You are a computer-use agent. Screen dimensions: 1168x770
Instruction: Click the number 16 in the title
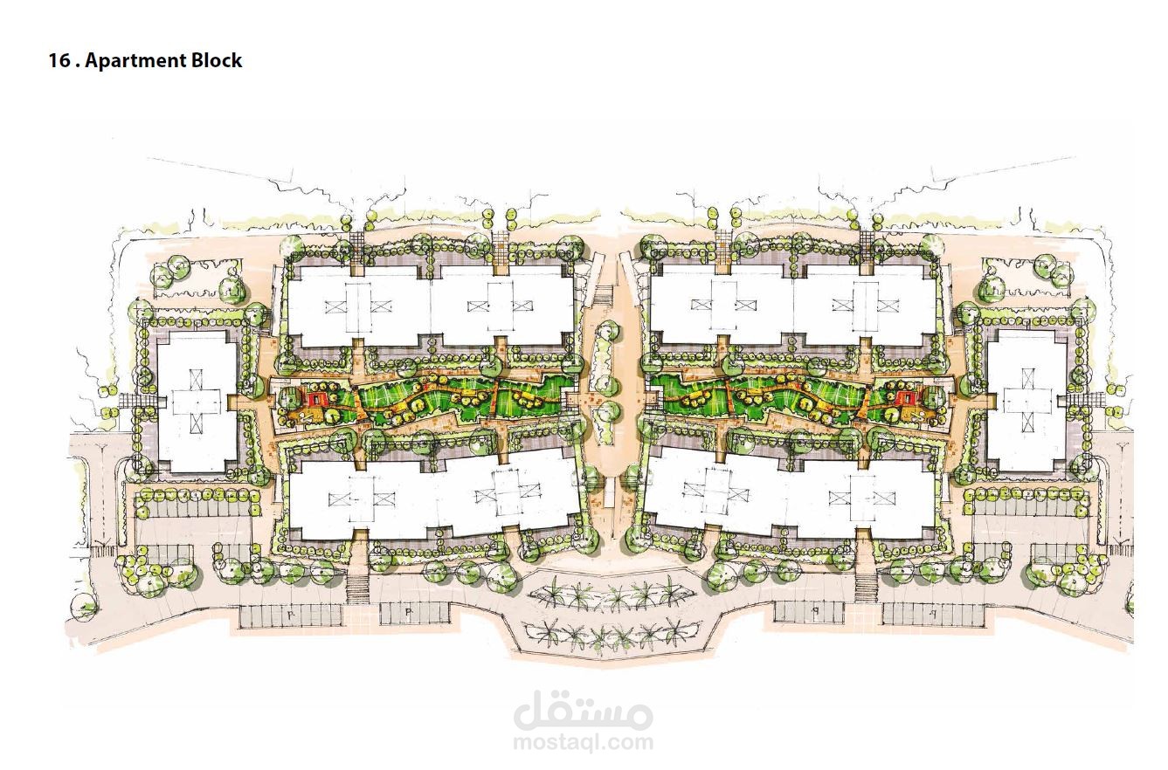click(59, 60)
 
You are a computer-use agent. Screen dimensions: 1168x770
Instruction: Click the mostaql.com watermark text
click(583, 741)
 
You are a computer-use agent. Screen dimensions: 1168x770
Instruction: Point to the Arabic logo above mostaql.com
click(583, 710)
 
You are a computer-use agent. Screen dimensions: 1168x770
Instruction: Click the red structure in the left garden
click(316, 400)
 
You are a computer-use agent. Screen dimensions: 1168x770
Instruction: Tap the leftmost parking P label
click(289, 615)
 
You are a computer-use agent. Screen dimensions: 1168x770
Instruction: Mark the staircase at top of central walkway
click(605, 295)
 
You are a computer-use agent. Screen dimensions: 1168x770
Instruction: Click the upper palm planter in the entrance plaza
click(610, 594)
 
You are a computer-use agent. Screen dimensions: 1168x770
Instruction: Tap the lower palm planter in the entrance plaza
click(610, 635)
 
